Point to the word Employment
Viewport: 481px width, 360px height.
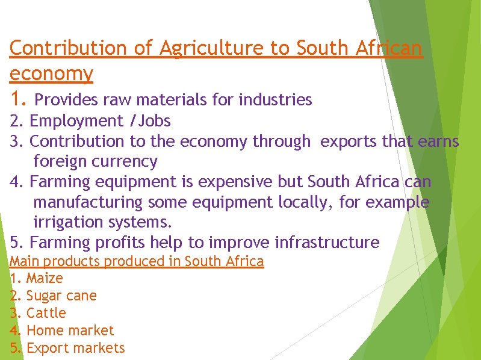click(x=76, y=122)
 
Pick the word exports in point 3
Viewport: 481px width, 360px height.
click(x=346, y=141)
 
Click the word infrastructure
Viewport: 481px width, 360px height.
click(x=327, y=243)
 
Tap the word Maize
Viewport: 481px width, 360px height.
click(x=45, y=279)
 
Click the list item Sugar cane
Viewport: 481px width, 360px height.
click(x=61, y=296)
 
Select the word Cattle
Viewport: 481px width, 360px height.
click(x=46, y=313)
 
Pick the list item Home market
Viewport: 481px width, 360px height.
click(x=70, y=331)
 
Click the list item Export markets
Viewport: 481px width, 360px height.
click(x=76, y=348)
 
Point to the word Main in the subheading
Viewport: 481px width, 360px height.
click(x=22, y=261)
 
